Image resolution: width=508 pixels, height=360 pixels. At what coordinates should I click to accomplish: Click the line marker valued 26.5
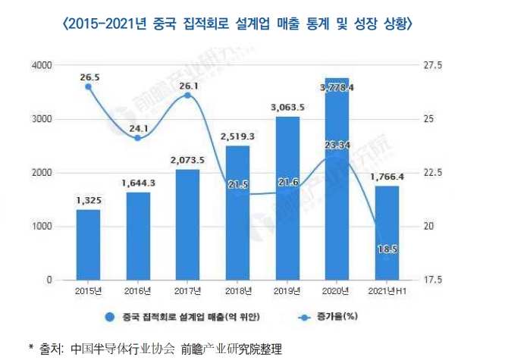pyautogui.click(x=88, y=86)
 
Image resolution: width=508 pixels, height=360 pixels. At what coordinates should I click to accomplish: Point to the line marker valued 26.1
pyautogui.click(x=187, y=95)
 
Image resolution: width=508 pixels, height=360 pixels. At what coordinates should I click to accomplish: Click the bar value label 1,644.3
pyautogui.click(x=137, y=183)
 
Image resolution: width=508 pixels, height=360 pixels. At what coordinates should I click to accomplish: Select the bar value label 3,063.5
pyautogui.click(x=287, y=108)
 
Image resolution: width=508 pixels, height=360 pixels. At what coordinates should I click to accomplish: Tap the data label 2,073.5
pyautogui.click(x=187, y=160)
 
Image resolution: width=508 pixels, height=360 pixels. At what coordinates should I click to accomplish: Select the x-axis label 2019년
pyautogui.click(x=287, y=291)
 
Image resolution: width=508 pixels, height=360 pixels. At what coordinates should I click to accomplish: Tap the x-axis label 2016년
pyautogui.click(x=137, y=291)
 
